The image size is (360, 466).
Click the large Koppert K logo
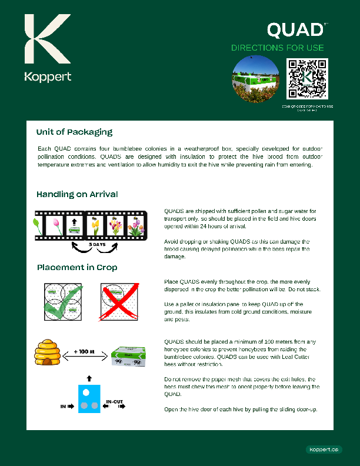(46, 40)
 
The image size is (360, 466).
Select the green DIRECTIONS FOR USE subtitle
(277, 48)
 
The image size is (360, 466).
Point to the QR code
(307, 79)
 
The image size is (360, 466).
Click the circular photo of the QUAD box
(255, 79)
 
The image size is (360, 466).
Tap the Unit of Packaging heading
(74, 132)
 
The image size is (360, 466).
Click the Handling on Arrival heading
(77, 194)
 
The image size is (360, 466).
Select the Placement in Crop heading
(77, 267)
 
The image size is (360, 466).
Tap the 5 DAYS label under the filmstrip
(98, 244)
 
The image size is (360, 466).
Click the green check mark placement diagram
(64, 300)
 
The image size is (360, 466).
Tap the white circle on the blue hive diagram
(86, 392)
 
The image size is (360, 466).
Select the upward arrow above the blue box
(89, 377)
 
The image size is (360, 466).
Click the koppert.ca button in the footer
(324, 450)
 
